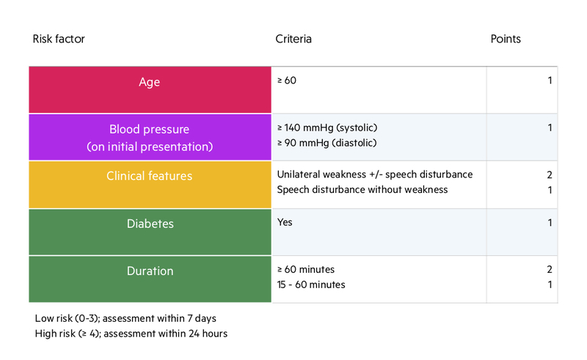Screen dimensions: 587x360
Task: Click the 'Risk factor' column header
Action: pyautogui.click(x=59, y=39)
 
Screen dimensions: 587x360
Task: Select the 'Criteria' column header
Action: pyautogui.click(x=293, y=39)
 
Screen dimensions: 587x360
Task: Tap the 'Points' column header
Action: pyautogui.click(x=506, y=39)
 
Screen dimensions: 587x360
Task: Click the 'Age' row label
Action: pyautogui.click(x=150, y=82)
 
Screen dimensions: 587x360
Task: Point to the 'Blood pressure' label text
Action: pyautogui.click(x=150, y=129)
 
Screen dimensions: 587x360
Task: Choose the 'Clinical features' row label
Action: pyautogui.click(x=150, y=176)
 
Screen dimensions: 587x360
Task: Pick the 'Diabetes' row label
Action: pyautogui.click(x=150, y=224)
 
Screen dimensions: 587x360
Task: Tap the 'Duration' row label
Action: pyautogui.click(x=150, y=271)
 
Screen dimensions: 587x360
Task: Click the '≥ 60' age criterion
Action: pyautogui.click(x=287, y=81)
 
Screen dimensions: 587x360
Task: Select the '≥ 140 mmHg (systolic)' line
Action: pyautogui.click(x=327, y=128)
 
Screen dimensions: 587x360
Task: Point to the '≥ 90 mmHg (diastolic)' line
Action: pyautogui.click(x=327, y=143)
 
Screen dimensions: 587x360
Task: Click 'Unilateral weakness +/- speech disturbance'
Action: pyautogui.click(x=375, y=175)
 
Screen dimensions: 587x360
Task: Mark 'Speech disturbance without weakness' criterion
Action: pyautogui.click(x=362, y=190)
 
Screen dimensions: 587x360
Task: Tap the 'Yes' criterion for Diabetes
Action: pyautogui.click(x=285, y=222)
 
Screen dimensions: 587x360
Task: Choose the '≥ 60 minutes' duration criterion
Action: pyautogui.click(x=306, y=269)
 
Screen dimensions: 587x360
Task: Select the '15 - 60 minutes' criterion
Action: pyautogui.click(x=311, y=284)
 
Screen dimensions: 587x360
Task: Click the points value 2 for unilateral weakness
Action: pyautogui.click(x=549, y=175)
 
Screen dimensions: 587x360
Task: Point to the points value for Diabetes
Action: pyautogui.click(x=550, y=223)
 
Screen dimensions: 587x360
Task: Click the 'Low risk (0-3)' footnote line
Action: pyautogui.click(x=125, y=318)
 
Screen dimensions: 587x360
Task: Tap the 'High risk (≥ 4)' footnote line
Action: pyautogui.click(x=131, y=334)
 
